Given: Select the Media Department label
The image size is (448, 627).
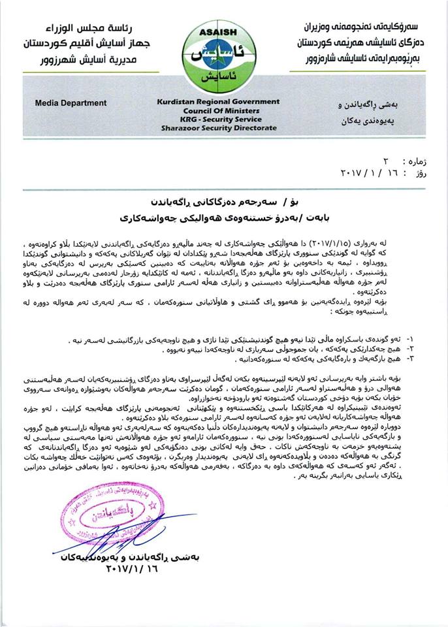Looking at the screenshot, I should (x=71, y=103).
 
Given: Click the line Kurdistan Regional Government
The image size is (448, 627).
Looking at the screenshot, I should (x=218, y=102).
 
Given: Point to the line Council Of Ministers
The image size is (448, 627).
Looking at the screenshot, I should (x=218, y=110).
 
